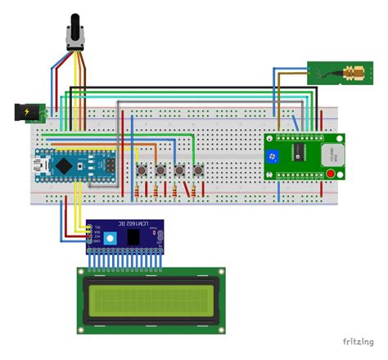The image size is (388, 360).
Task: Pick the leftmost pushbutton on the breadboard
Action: [x=142, y=169]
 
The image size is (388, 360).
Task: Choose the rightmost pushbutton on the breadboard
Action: [x=198, y=169]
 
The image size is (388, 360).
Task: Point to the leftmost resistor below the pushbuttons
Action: [x=136, y=193]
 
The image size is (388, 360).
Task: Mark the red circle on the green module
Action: [x=331, y=173]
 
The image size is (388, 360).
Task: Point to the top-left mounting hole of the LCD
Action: [x=82, y=272]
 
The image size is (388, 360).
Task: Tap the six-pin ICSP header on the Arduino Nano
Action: [x=89, y=164]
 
